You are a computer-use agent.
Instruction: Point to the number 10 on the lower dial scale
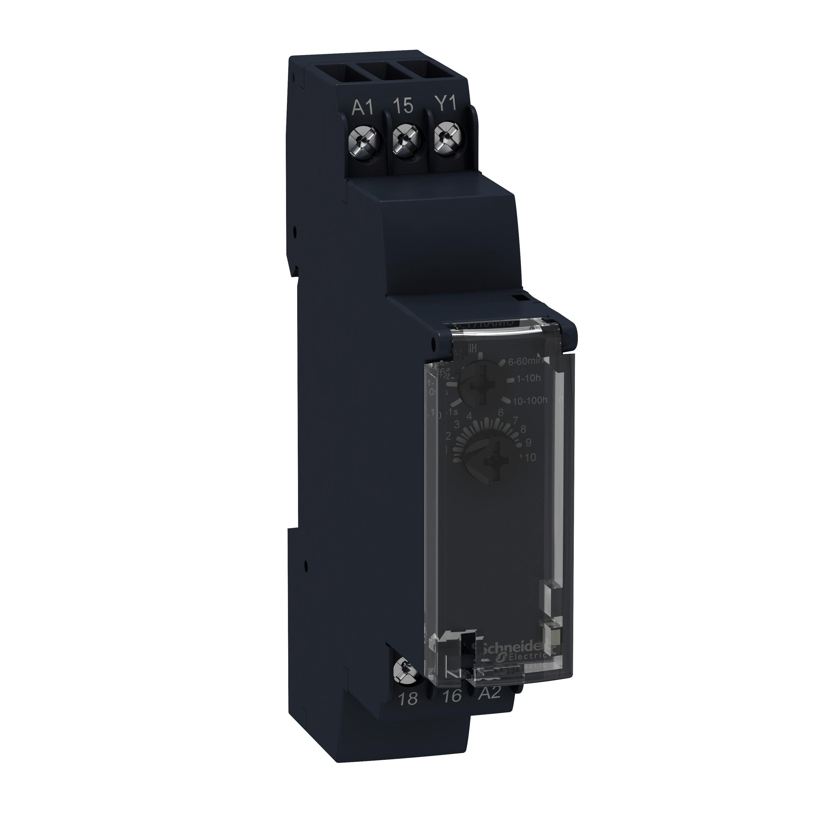pyautogui.click(x=530, y=458)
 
